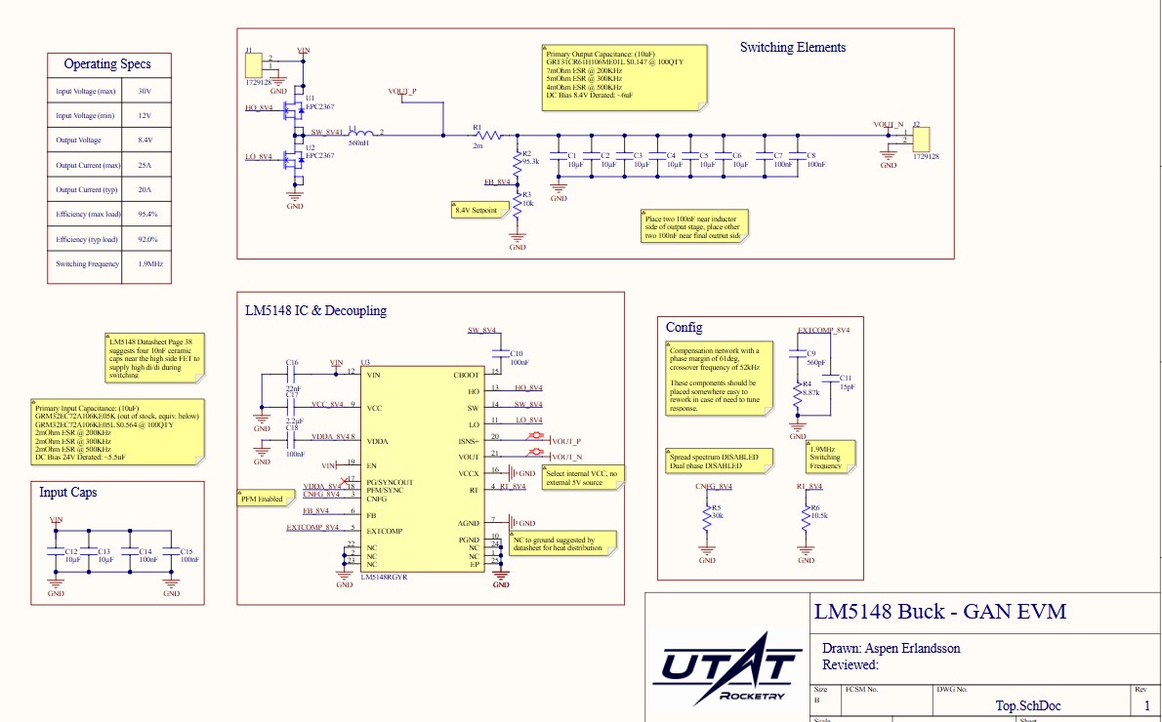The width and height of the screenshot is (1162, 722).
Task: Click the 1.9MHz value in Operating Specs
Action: pyautogui.click(x=147, y=264)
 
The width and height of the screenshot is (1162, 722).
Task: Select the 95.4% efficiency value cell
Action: pyautogui.click(x=147, y=215)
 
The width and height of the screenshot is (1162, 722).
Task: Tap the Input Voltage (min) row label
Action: pyautogui.click(x=86, y=116)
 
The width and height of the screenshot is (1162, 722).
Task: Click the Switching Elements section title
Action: pyautogui.click(x=792, y=48)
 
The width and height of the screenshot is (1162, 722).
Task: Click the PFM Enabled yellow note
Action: pyautogui.click(x=262, y=499)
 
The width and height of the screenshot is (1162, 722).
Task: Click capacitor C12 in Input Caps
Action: pyautogui.click(x=57, y=554)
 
